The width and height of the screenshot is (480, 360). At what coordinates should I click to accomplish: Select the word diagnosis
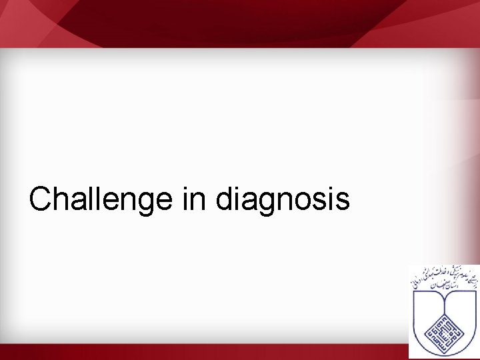click(x=283, y=199)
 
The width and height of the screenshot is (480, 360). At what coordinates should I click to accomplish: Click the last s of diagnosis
click(x=343, y=202)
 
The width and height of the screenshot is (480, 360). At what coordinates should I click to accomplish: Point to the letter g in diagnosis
click(x=271, y=203)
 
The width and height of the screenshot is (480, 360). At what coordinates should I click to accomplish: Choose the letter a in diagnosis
click(x=253, y=202)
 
